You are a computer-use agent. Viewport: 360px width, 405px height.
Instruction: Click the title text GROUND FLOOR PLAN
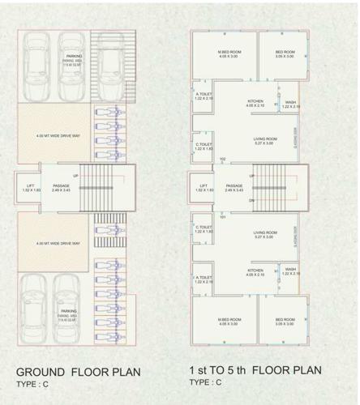pos(79,372)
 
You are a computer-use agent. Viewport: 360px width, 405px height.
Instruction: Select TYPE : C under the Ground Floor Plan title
pos(35,384)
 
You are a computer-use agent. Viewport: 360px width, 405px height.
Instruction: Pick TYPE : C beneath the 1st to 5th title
pos(207,382)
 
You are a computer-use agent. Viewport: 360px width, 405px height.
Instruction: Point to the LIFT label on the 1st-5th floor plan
pos(204,185)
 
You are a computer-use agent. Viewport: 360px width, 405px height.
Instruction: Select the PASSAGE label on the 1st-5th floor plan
pos(234,185)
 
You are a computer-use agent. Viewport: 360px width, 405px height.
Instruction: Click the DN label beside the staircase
pos(252,200)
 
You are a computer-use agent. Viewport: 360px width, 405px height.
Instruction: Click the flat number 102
pos(222,160)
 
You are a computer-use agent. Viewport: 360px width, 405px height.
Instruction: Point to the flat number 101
pos(221,217)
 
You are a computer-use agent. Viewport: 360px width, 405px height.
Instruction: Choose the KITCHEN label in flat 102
pos(255,101)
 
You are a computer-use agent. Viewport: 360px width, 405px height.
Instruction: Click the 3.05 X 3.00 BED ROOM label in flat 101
pos(284,322)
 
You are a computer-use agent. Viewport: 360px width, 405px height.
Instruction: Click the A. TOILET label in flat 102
pos(203,95)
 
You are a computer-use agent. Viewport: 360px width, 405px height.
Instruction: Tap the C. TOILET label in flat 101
pos(203,228)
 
